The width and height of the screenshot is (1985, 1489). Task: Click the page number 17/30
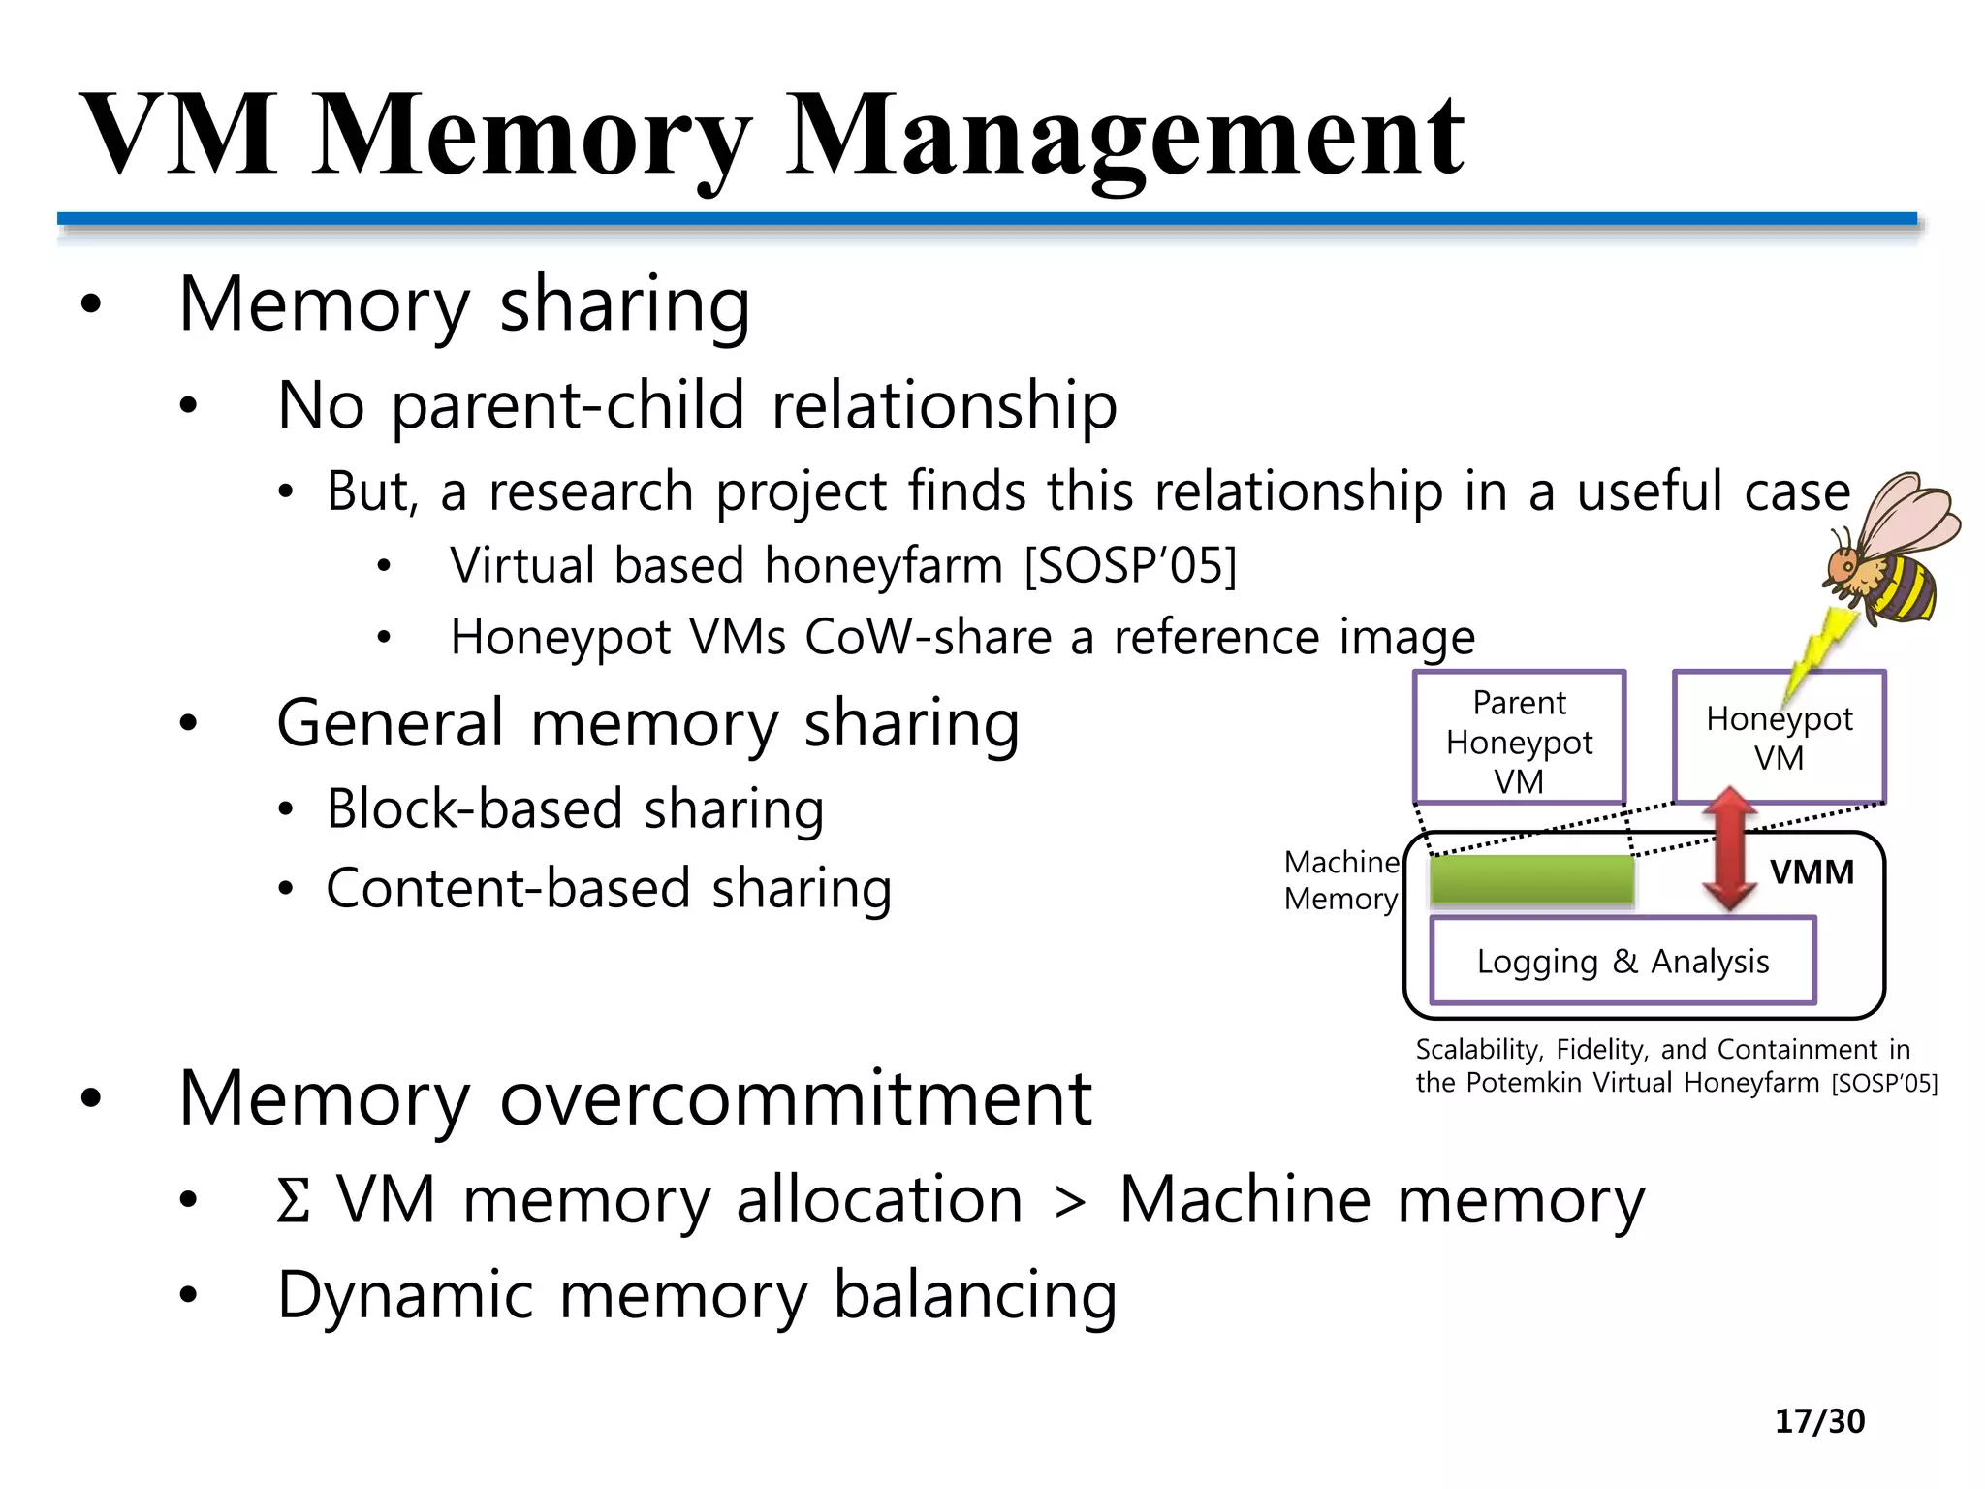1819,1421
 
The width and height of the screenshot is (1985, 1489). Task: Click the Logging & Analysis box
1623,962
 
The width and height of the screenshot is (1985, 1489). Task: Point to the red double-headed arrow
1730,848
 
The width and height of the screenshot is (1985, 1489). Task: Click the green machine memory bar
1531,880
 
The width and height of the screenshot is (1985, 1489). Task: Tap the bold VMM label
1811,872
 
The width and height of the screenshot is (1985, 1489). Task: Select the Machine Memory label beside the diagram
1341,880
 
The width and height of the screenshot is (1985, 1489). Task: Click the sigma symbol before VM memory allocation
294,1200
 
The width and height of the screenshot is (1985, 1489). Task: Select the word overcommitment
795,1098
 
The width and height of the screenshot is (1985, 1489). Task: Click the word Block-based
474,808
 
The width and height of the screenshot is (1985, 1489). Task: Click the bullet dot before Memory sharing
91,305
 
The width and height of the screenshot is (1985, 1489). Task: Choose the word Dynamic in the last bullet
405,1295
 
